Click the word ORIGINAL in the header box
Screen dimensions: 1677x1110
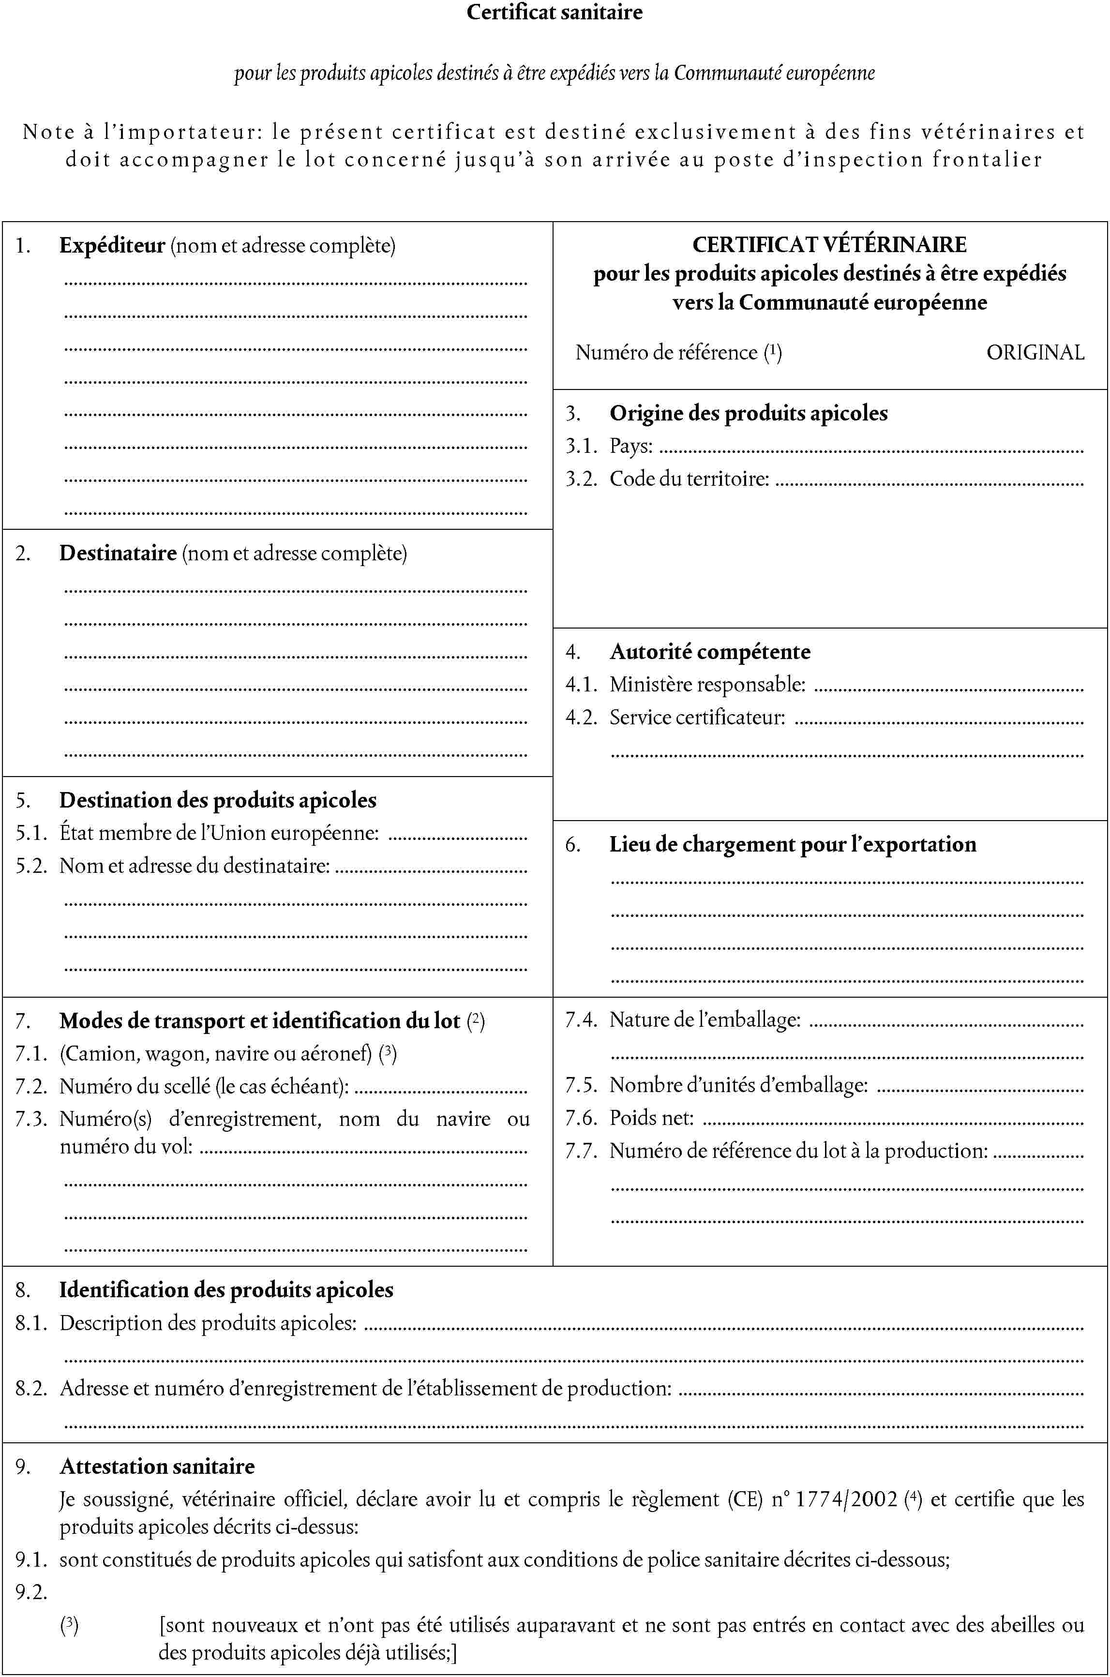(1035, 353)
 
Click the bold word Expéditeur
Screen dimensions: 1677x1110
(112, 246)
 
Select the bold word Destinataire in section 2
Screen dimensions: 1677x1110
(118, 553)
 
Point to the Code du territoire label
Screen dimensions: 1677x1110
(689, 479)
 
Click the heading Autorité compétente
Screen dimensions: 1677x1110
(710, 651)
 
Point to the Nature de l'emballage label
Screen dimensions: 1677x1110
(705, 1020)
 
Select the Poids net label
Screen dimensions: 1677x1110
(651, 1118)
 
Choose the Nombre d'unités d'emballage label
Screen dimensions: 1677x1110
(738, 1085)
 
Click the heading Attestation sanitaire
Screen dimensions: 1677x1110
(157, 1466)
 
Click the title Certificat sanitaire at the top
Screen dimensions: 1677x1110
(555, 12)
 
